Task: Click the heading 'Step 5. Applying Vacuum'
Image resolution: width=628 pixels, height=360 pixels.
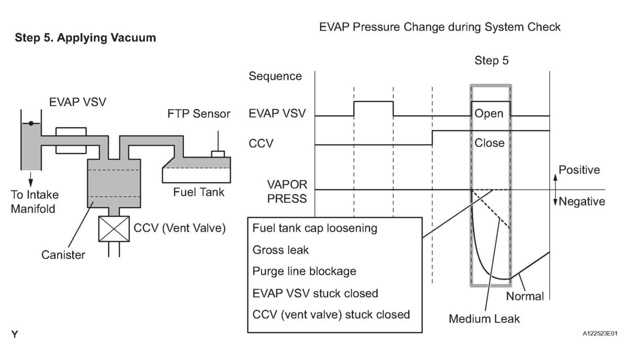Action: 85,38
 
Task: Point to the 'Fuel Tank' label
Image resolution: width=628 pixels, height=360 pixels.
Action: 198,192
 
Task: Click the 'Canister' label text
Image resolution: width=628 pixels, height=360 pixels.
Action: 63,255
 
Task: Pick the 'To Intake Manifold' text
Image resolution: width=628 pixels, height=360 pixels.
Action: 35,201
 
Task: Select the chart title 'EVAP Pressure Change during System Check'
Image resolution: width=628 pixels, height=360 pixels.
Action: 440,27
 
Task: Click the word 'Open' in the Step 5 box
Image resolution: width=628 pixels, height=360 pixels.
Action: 489,114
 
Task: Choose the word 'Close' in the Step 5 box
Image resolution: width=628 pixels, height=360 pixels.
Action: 489,143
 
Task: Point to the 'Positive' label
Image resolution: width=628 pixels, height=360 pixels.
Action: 579,170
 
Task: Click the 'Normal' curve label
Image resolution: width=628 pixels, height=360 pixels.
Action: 525,297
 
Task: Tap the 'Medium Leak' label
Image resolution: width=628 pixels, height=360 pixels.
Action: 485,318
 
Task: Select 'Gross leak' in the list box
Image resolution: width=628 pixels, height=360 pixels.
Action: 281,250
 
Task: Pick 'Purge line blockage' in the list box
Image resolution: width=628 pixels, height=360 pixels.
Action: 304,271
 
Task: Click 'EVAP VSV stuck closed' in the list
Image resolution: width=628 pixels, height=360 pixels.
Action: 315,292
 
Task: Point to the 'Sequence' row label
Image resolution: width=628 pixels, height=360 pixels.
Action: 275,76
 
